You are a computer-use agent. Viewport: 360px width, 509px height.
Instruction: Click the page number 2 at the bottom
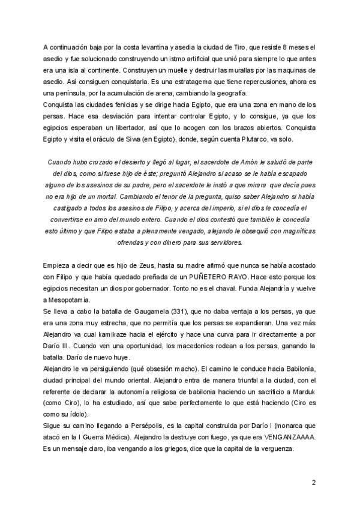point(313,482)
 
